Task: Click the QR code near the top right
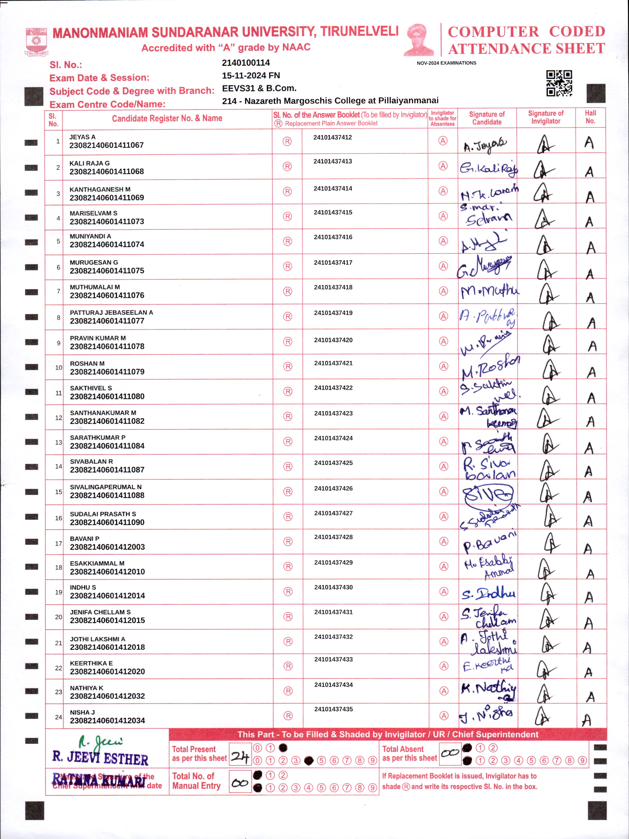pyautogui.click(x=559, y=83)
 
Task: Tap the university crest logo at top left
pyautogui.click(x=36, y=41)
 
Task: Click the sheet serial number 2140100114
pyautogui.click(x=246, y=63)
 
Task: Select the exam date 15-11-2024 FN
pyautogui.click(x=251, y=75)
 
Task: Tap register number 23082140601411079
pyautogui.click(x=107, y=372)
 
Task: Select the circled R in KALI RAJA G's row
pyautogui.click(x=287, y=166)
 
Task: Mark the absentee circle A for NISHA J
pyautogui.click(x=444, y=716)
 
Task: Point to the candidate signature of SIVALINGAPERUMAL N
pyautogui.click(x=488, y=494)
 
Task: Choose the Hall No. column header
pyautogui.click(x=590, y=117)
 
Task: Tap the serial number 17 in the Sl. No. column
pyautogui.click(x=58, y=543)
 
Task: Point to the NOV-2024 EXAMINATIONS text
pyautogui.click(x=446, y=63)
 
